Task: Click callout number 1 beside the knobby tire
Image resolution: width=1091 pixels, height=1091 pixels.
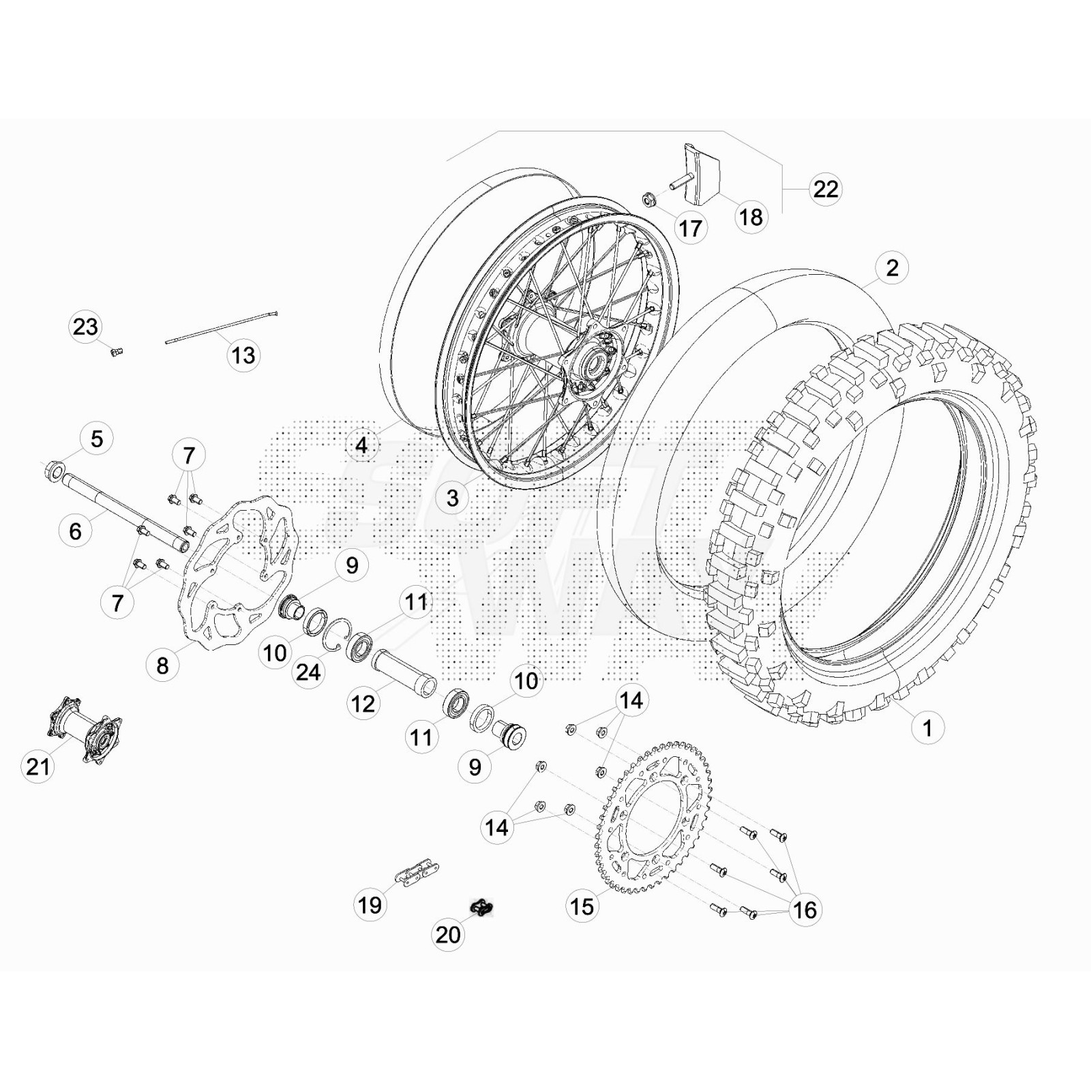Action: click(x=927, y=728)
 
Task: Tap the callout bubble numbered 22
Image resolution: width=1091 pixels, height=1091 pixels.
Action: click(x=825, y=189)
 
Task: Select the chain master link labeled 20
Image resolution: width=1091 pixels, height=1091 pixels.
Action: click(x=482, y=908)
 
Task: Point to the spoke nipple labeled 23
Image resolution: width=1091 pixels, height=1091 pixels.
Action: click(x=117, y=352)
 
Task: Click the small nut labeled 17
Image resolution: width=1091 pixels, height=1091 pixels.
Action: click(x=648, y=200)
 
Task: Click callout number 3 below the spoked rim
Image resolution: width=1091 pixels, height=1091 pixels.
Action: click(x=453, y=498)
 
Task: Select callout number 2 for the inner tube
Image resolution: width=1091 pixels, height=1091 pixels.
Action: click(x=892, y=267)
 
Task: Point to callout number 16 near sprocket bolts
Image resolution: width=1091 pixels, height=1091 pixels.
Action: click(x=805, y=910)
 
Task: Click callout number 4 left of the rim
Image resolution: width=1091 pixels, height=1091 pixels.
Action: click(x=361, y=445)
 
